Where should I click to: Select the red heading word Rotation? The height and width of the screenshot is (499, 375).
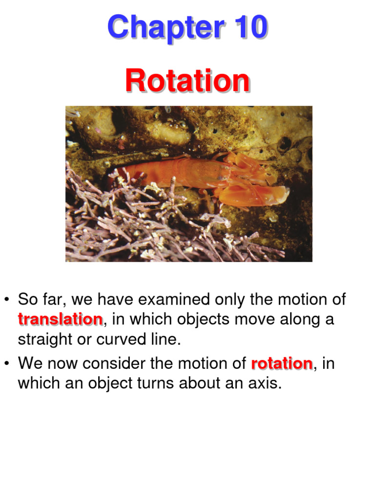pos(187,81)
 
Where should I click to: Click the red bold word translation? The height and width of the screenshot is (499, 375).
pos(60,320)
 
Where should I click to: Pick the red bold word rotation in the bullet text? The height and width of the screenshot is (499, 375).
pos(282,364)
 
